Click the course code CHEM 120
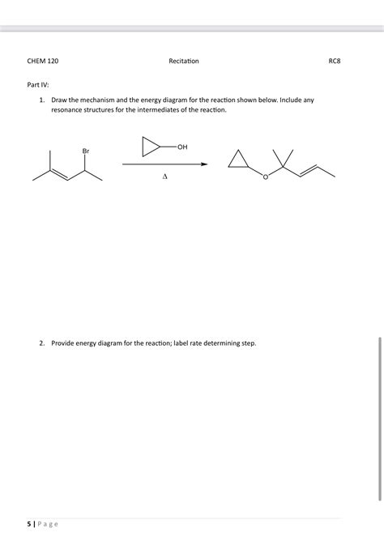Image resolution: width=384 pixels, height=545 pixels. (x=43, y=61)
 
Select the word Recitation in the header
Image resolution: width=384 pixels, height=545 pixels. (x=184, y=61)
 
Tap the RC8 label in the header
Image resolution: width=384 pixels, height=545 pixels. (x=334, y=61)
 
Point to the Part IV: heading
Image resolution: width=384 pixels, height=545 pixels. (x=39, y=83)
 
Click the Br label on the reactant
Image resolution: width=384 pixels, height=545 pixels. (x=86, y=151)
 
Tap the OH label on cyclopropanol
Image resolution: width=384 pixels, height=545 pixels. (x=181, y=147)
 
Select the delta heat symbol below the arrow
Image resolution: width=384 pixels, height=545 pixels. (x=164, y=176)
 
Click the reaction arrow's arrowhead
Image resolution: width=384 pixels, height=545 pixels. (x=204, y=164)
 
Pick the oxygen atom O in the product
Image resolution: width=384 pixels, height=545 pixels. (x=264, y=177)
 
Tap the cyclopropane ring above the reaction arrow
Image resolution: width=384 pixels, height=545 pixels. (x=151, y=147)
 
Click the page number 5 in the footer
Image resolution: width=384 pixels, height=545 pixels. (x=28, y=523)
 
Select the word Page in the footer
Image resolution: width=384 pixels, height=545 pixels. (x=49, y=523)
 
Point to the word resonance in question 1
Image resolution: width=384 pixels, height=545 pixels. (x=69, y=110)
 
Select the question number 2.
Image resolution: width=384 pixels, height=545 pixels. (x=41, y=343)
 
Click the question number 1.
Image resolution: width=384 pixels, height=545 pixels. (x=41, y=100)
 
